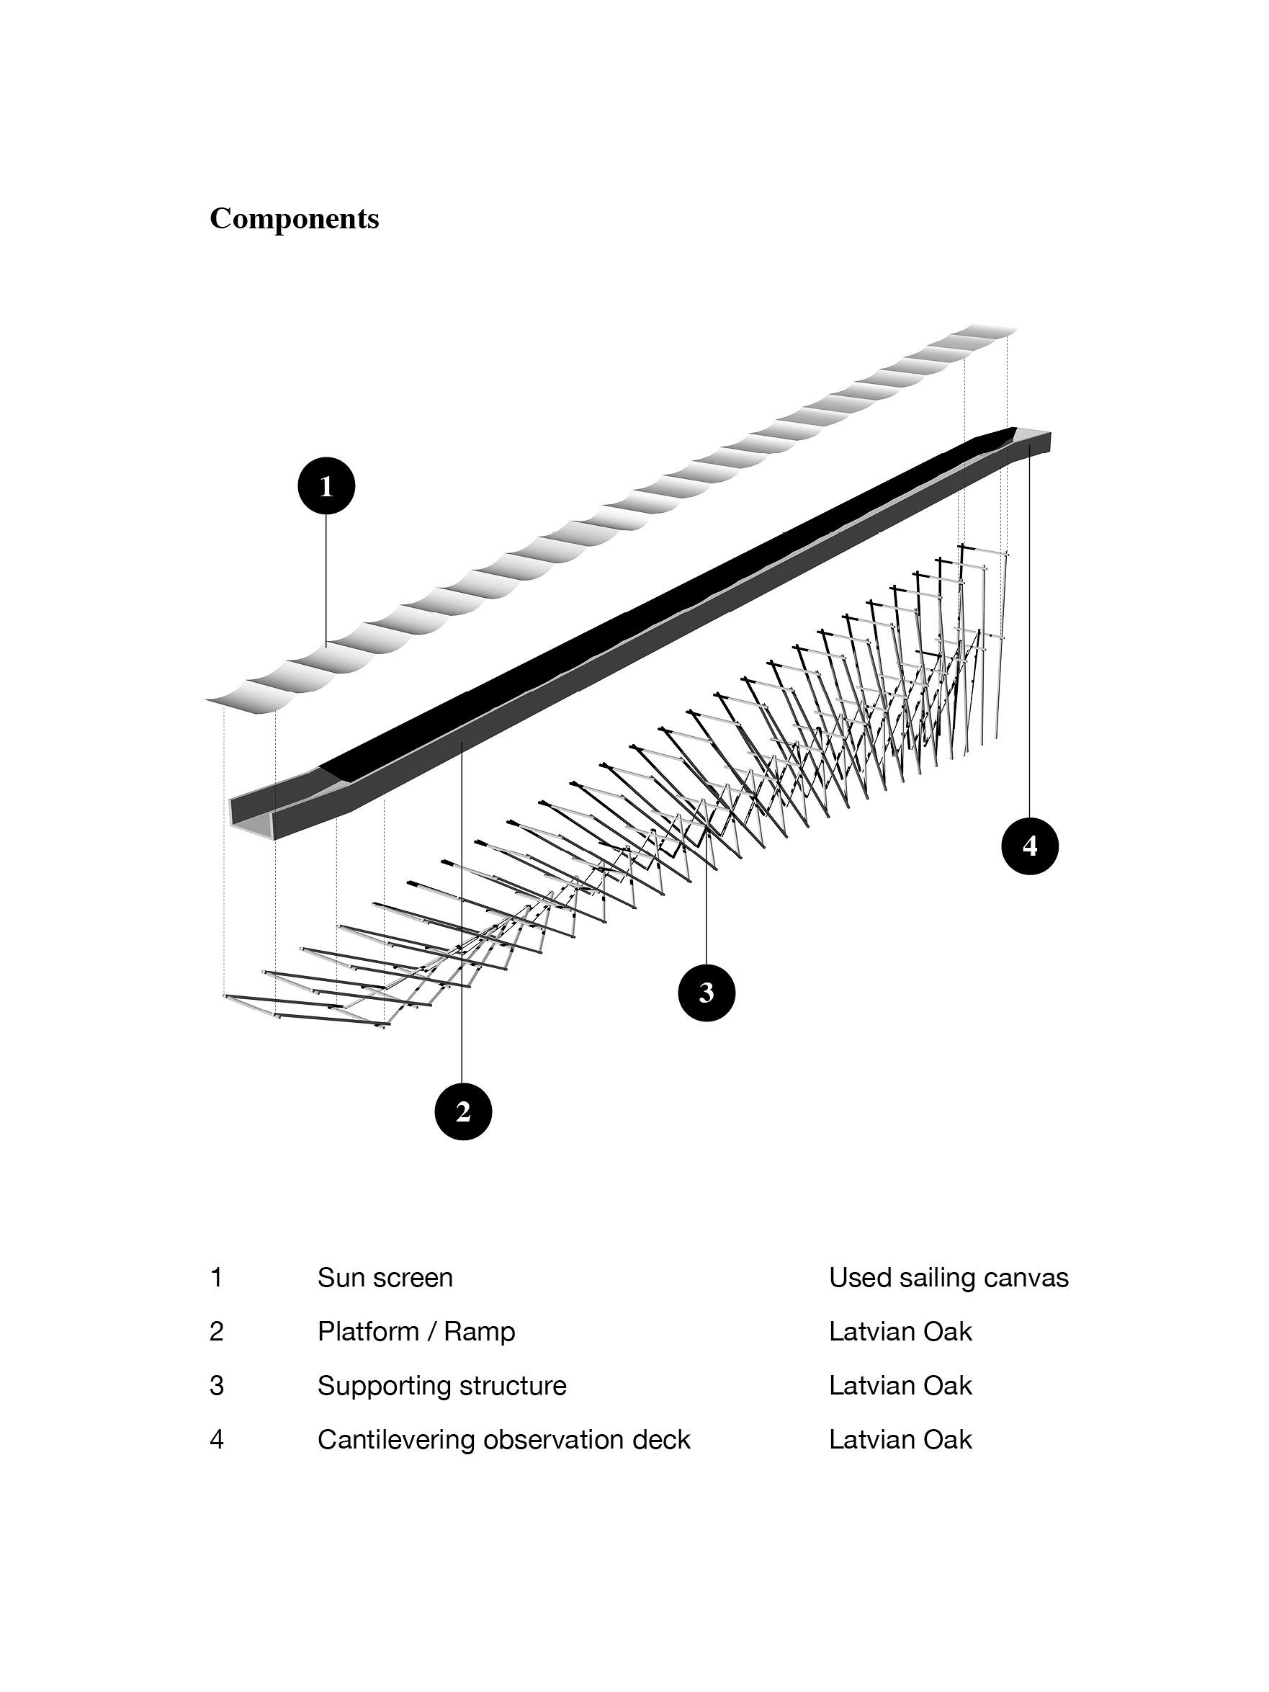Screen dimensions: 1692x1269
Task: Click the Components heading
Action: [x=294, y=219]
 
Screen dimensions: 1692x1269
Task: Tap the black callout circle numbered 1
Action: [x=327, y=486]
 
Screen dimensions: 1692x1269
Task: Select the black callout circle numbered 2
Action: [x=463, y=1111]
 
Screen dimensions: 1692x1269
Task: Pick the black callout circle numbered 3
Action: [x=706, y=993]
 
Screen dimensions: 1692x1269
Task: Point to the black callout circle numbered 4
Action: [x=1030, y=845]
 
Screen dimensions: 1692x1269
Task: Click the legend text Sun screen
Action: [x=385, y=1277]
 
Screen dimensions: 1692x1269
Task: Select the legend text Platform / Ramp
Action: [x=416, y=1332]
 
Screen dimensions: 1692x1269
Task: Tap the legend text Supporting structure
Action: [x=441, y=1385]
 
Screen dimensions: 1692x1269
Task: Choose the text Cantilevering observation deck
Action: [x=503, y=1440]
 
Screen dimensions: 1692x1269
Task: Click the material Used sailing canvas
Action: [x=949, y=1277]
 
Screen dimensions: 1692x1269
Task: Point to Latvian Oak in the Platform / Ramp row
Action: [x=900, y=1332]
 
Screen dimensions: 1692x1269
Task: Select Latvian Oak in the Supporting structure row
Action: [x=900, y=1385]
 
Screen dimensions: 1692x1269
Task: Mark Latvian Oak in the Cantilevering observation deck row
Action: [x=900, y=1440]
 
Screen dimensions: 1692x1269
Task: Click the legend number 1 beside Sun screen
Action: [x=217, y=1277]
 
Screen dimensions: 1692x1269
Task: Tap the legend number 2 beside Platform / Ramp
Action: [x=217, y=1332]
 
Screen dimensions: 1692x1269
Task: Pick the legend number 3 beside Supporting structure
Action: [x=217, y=1385]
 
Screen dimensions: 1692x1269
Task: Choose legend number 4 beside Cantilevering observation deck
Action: [x=217, y=1440]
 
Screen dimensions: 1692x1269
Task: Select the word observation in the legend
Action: [x=554, y=1440]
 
